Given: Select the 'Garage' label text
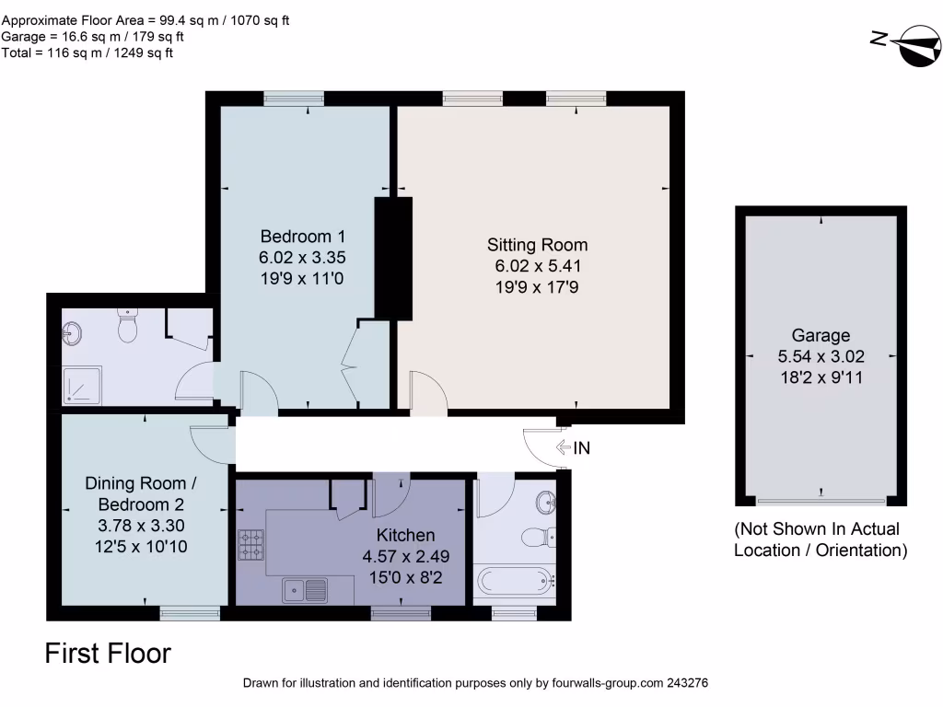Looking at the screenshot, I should click(821, 335).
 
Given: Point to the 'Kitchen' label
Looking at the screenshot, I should click(405, 535).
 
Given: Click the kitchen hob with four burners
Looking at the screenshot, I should click(251, 544).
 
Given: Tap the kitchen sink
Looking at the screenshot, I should click(305, 587).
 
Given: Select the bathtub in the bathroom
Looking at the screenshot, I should click(514, 582).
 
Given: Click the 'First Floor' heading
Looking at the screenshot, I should click(108, 654).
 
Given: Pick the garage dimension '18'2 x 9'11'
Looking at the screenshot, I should click(821, 377).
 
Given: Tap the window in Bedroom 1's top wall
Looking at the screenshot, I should click(294, 98).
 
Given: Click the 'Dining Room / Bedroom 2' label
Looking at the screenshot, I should click(141, 493).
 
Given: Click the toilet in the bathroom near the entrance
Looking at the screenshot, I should click(534, 537).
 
